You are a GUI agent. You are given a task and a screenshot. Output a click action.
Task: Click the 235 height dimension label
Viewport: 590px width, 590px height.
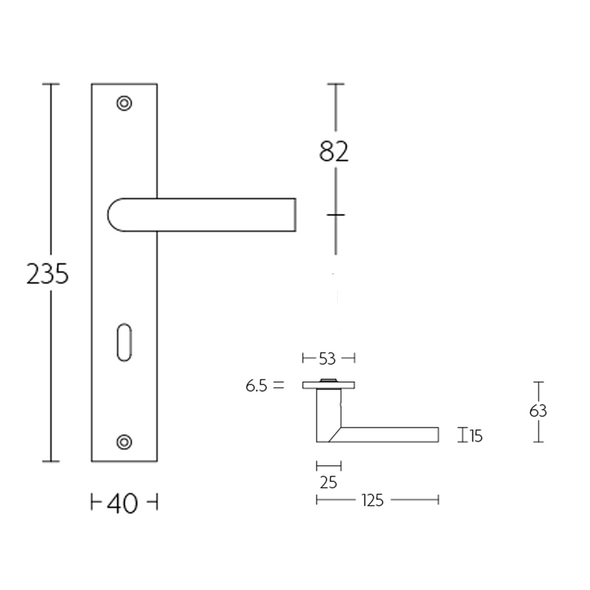[47, 274]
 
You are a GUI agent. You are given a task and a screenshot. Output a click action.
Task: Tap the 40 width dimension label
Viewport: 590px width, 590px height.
[123, 504]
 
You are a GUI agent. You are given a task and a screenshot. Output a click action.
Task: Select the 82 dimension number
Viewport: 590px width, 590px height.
[334, 151]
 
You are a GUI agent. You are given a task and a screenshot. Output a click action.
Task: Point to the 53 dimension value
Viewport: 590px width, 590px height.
[327, 359]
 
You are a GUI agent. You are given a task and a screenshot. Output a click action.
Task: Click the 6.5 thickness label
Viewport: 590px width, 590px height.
[258, 385]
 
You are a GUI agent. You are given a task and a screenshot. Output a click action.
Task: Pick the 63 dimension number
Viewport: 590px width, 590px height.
[538, 412]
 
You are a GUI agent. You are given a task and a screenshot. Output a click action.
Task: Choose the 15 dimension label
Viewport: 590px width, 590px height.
[476, 437]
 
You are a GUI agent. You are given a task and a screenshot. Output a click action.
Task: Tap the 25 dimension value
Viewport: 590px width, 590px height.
[328, 483]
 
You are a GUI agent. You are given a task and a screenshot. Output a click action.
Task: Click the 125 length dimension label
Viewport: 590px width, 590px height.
[373, 501]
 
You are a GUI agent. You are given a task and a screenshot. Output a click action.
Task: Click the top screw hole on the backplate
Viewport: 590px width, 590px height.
[125, 103]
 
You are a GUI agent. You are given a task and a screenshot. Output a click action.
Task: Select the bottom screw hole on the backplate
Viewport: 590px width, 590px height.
[125, 442]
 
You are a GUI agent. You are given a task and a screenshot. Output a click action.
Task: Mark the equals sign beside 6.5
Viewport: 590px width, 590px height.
[277, 385]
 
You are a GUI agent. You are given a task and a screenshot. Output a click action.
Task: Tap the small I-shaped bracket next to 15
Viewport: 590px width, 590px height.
[462, 435]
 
